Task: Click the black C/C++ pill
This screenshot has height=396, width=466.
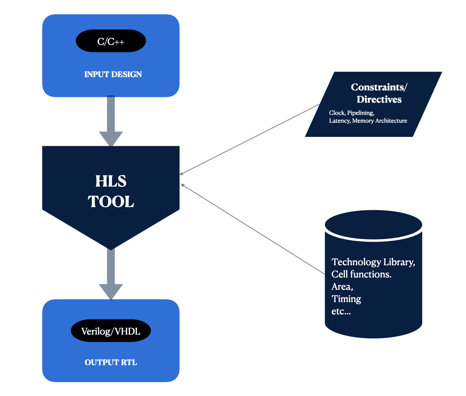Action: [x=111, y=41]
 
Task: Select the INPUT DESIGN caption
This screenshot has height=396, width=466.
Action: [x=113, y=74]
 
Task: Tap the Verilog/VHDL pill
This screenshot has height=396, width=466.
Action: [x=111, y=331]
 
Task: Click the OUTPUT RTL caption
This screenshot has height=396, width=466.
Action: [x=111, y=362]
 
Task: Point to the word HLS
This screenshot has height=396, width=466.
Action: [x=111, y=181]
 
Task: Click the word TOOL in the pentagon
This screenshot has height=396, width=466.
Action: [x=111, y=202]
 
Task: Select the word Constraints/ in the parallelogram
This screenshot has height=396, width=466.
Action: [x=379, y=87]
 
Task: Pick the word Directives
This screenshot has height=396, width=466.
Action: [x=379, y=99]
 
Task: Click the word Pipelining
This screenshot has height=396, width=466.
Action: [x=361, y=113]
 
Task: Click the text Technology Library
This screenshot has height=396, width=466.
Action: [x=373, y=262]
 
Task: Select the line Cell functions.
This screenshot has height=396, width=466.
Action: [x=361, y=274]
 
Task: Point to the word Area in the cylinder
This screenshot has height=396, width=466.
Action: [x=342, y=286]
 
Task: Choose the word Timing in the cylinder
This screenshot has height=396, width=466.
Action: [x=346, y=299]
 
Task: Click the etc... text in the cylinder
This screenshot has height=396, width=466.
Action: [x=341, y=311]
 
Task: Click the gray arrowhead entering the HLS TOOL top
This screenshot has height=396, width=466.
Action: [x=111, y=138]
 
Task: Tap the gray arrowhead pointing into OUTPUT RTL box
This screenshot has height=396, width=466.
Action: [x=111, y=291]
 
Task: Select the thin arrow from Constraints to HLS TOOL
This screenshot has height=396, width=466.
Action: [x=250, y=139]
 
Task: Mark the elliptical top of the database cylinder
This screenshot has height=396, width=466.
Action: [x=373, y=224]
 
